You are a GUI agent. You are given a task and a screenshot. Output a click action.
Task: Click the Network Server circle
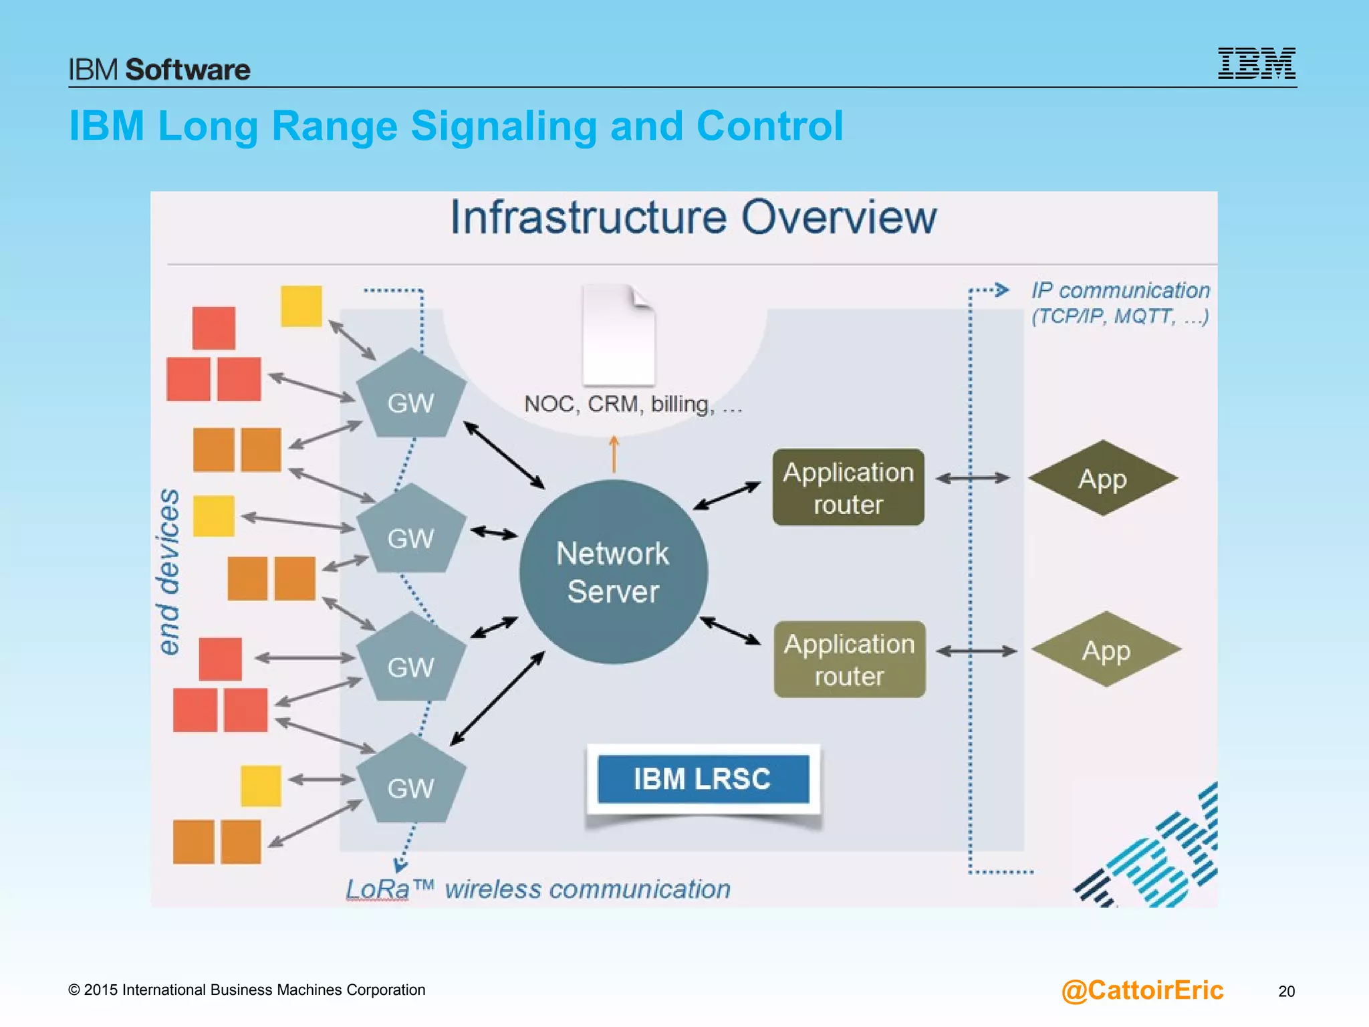[x=613, y=572]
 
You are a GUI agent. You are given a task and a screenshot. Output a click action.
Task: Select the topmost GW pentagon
[x=410, y=397]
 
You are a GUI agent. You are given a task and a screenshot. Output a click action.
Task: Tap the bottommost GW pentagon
[x=410, y=783]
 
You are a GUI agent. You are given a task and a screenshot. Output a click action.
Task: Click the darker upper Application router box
[x=848, y=487]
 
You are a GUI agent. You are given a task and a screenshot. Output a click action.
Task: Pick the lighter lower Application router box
[x=850, y=660]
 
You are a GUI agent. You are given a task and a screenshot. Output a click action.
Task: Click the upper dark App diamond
[x=1102, y=479]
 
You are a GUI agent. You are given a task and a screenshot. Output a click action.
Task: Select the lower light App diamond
[x=1106, y=650]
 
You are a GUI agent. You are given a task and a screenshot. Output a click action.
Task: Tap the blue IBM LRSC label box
[x=703, y=779]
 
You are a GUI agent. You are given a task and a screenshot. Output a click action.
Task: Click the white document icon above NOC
[x=618, y=335]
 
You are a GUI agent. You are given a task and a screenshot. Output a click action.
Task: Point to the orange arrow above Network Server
[x=614, y=454]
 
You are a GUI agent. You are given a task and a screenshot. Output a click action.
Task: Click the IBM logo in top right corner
[x=1256, y=64]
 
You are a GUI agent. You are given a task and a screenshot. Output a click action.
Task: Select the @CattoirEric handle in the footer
[x=1142, y=990]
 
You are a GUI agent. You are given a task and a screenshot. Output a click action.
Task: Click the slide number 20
[x=1286, y=991]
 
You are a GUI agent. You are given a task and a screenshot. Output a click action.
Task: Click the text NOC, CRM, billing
[x=632, y=405]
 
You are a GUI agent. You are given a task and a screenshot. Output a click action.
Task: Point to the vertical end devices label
[x=169, y=572]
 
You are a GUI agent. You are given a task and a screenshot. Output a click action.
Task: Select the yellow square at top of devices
[x=301, y=306]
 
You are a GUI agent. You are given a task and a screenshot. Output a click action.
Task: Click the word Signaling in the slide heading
[x=503, y=126]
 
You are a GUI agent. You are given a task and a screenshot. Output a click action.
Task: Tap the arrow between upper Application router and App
[x=973, y=478]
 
